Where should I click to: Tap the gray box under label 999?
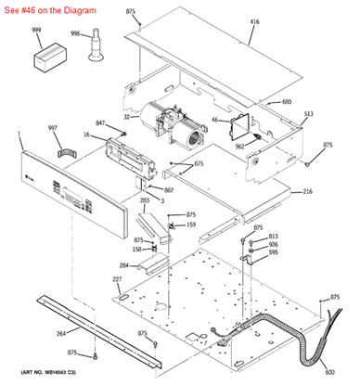[x=45, y=59]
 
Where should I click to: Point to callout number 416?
[x=254, y=20]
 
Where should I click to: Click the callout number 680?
[x=286, y=101]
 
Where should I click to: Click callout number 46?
[x=214, y=120]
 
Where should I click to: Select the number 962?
[x=239, y=146]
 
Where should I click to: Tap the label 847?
[x=100, y=122]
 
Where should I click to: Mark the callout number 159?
[x=190, y=225]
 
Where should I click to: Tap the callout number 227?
[x=117, y=279]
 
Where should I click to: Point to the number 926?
[x=273, y=244]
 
